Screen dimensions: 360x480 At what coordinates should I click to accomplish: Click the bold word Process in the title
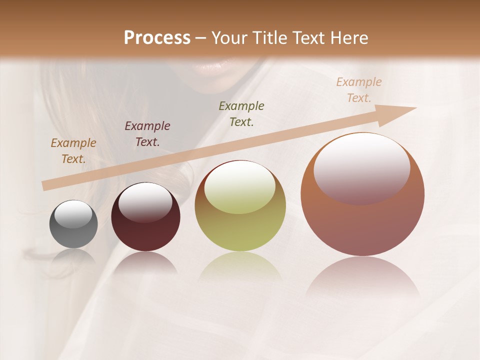[157, 38]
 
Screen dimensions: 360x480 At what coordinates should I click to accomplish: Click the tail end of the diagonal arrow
[46, 185]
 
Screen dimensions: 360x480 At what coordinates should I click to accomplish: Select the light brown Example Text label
[73, 151]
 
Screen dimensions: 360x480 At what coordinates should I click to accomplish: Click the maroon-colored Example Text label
[147, 134]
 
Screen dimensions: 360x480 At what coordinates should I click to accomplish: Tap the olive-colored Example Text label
[241, 113]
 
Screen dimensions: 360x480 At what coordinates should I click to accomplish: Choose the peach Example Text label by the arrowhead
[359, 90]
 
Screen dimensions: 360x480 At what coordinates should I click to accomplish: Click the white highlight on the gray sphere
[73, 214]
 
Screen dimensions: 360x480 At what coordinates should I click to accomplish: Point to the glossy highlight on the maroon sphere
[145, 201]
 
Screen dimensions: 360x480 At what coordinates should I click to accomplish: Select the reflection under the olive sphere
[240, 267]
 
